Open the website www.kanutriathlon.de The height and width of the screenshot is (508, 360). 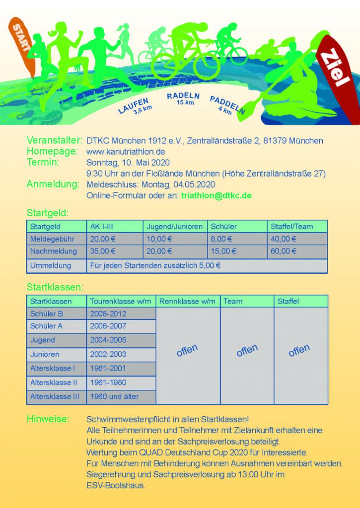pos(126,151)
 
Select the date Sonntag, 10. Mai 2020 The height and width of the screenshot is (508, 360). pos(128,162)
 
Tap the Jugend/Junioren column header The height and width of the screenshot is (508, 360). pos(174,226)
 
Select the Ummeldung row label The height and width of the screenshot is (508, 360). pos(51,265)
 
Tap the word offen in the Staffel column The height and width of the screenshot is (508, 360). pos(299,351)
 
